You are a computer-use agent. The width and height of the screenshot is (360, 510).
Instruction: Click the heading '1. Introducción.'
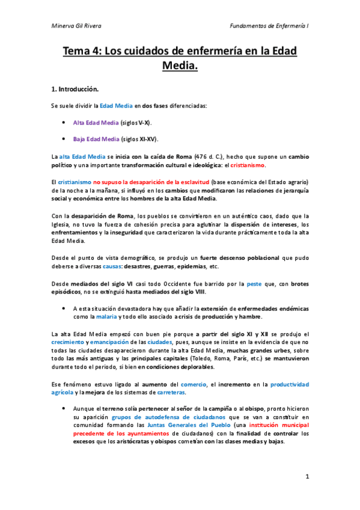coord(75,89)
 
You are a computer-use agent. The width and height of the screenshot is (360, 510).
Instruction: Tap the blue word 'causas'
coord(112,266)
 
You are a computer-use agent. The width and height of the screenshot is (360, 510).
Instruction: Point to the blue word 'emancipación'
coord(111,342)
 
